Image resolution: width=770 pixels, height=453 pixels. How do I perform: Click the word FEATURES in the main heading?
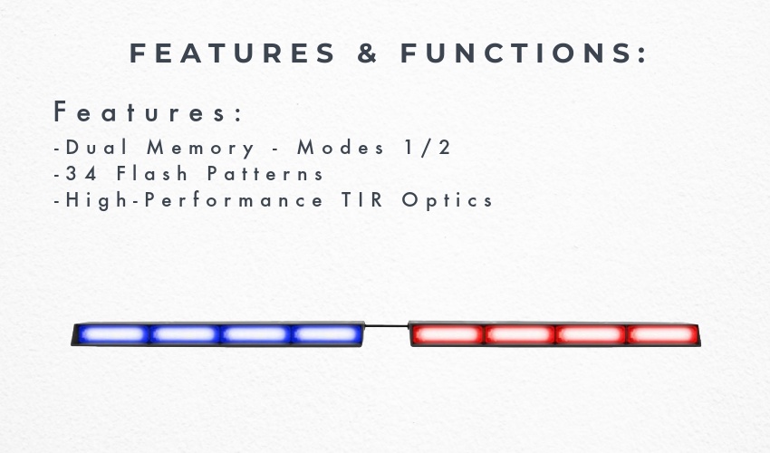(232, 53)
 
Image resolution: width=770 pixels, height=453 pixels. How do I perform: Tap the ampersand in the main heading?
(367, 53)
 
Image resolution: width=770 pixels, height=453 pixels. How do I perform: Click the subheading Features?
(148, 112)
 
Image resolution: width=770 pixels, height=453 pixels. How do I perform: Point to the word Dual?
(96, 148)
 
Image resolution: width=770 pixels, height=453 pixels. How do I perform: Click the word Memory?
(201, 149)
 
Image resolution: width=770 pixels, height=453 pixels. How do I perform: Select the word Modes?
(341, 148)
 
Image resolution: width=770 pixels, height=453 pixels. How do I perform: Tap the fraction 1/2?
(427, 148)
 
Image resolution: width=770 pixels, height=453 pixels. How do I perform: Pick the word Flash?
(152, 173)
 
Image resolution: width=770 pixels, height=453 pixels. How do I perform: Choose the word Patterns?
(265, 173)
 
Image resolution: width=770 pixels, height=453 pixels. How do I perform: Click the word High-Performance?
(194, 200)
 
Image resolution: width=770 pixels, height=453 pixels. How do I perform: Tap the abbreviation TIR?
(362, 200)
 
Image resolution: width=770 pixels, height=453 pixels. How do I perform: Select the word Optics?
(447, 200)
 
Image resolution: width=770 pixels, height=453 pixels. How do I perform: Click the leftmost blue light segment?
(113, 334)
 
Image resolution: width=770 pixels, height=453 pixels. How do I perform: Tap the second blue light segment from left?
(184, 334)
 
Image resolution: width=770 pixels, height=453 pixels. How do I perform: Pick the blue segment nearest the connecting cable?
(326, 334)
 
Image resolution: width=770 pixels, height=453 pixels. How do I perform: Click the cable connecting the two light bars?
(387, 325)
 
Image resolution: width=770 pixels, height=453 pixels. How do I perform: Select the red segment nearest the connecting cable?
(448, 334)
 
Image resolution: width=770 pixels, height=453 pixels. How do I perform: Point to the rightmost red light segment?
(662, 334)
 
